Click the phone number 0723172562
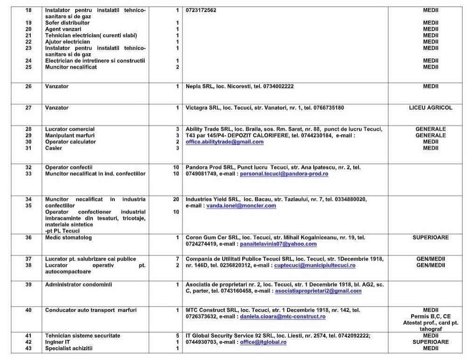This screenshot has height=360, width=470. [201, 10]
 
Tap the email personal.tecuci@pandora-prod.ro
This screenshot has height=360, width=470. [284, 174]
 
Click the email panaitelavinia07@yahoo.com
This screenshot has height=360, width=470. [278, 244]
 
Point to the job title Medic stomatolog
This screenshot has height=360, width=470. [69, 237]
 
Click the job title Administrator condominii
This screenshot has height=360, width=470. [78, 284]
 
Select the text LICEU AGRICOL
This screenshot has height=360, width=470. [430, 107]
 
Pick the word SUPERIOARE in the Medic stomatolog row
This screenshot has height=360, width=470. [430, 237]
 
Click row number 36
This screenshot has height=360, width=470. [28, 237]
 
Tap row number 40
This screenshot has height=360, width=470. [28, 310]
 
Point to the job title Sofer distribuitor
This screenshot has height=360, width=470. [68, 22]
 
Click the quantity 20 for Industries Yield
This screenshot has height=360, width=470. [176, 199]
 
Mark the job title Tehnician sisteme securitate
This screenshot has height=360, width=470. [83, 335]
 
